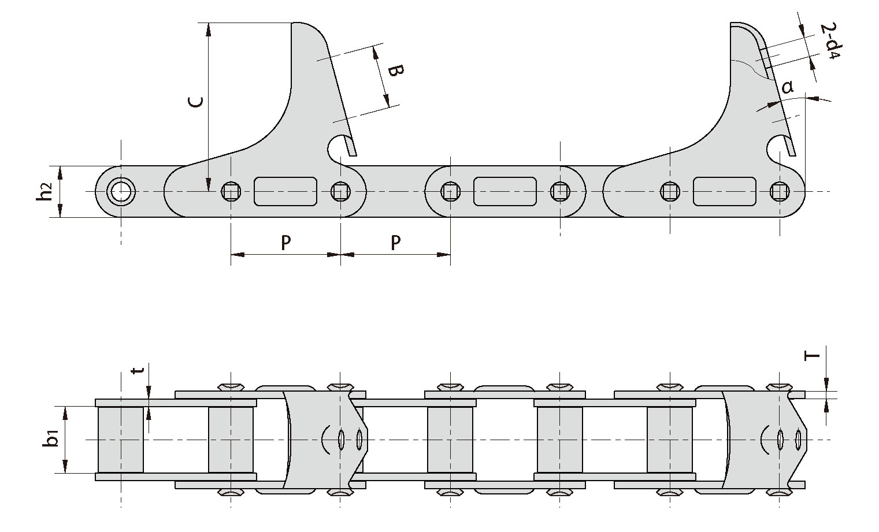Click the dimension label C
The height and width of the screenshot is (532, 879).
pos(196,102)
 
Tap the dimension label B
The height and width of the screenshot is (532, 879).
pos(395,72)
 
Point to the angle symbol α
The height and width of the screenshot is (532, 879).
pos(787,87)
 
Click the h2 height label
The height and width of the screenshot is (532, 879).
pos(44,191)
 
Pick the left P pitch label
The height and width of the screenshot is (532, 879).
pos(285,243)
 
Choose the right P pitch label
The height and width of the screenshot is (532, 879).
pos(395,243)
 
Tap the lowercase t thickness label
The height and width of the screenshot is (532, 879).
pos(137,370)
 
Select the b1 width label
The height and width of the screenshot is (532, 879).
pos(52,440)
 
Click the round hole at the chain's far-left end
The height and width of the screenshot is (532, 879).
pos(121,191)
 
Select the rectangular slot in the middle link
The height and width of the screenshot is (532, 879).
pos(505,191)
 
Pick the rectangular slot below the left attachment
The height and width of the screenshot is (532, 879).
pos(285,191)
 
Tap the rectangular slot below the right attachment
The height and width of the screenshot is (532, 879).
pos(725,191)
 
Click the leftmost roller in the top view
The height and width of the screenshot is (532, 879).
pos(121,440)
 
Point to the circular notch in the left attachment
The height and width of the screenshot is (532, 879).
pos(338,147)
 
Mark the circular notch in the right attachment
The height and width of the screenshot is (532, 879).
pos(777,147)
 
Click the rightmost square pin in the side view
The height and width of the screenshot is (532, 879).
pos(779,191)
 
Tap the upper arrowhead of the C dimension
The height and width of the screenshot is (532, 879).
pos(207,29)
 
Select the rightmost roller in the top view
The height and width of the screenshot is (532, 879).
pos(670,440)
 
